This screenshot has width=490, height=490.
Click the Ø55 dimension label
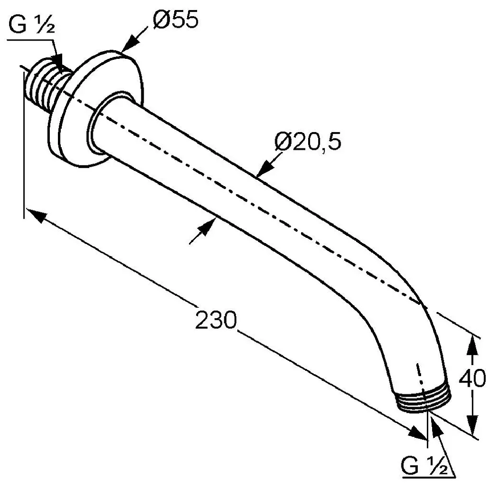point(176,19)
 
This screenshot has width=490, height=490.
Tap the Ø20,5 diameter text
point(308,142)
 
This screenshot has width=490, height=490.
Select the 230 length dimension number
point(216,320)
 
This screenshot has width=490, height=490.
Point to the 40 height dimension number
point(472,379)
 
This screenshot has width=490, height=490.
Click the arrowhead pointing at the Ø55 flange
point(130,44)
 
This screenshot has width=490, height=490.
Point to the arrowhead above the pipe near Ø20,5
point(264,168)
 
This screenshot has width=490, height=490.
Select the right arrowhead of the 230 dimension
point(417,433)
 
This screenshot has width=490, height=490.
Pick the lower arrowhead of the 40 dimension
point(473,425)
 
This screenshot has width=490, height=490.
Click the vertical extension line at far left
point(24,145)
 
